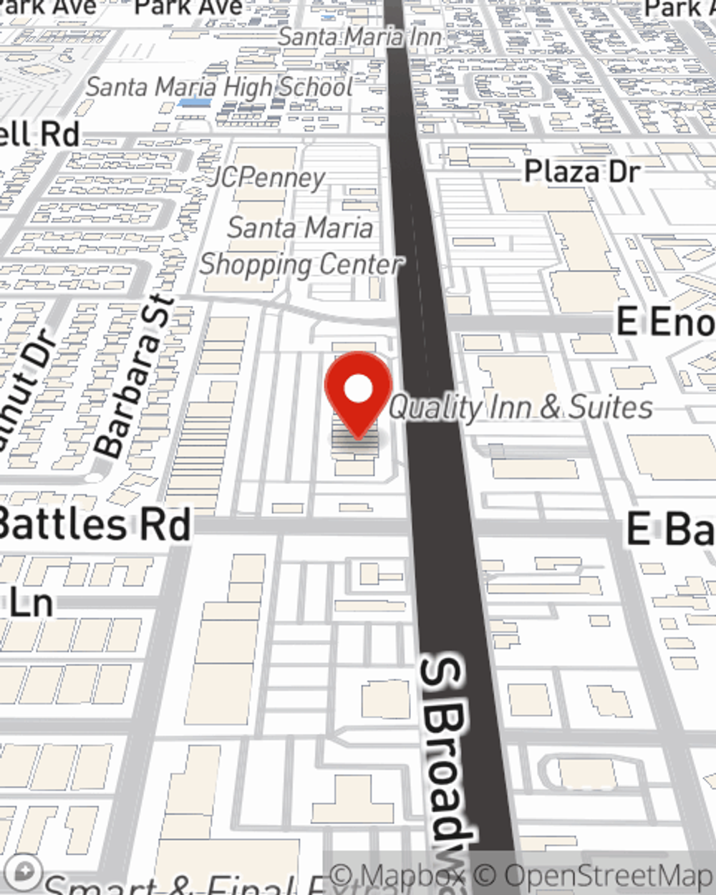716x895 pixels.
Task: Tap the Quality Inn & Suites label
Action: click(x=521, y=407)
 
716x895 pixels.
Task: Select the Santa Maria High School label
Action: click(x=219, y=87)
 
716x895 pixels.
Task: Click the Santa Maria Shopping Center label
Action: click(x=301, y=246)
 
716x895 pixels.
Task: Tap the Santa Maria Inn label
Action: click(x=359, y=36)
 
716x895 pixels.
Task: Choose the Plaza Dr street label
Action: click(x=582, y=172)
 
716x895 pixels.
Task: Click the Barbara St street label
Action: click(x=135, y=376)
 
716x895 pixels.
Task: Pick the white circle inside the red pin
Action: click(x=359, y=389)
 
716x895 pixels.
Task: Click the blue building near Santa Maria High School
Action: click(x=194, y=103)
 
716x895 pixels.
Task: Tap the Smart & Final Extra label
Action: click(x=179, y=885)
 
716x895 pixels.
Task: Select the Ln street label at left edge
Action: click(x=32, y=603)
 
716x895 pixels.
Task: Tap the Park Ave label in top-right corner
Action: click(x=680, y=8)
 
